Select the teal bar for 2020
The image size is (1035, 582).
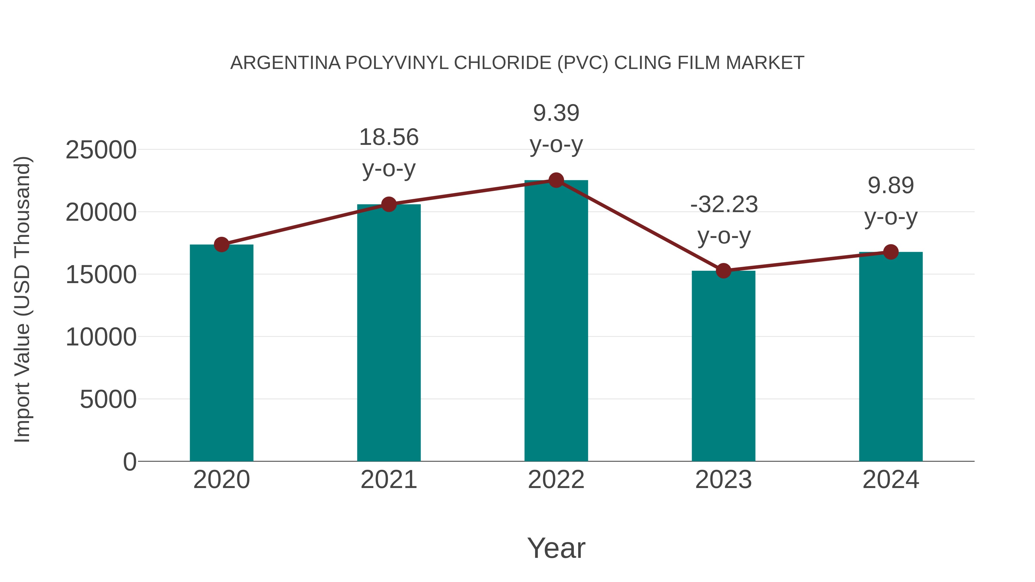[x=221, y=354]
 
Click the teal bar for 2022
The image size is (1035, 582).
[x=556, y=321]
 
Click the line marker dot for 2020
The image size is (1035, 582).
[x=221, y=244]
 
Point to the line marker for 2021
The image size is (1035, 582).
[x=388, y=204]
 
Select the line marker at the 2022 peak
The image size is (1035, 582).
[x=556, y=180]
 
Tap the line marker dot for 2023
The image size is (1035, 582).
[x=723, y=271]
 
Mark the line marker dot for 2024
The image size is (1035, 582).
[x=891, y=252]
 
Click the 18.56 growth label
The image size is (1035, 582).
[x=388, y=137]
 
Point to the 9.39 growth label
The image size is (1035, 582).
[x=556, y=113]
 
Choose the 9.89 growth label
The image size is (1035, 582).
[x=891, y=186]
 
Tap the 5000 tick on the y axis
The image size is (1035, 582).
[x=108, y=400]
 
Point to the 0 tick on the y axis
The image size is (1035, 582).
[x=130, y=462]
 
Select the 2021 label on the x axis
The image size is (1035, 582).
[x=388, y=480]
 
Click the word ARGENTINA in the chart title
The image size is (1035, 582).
[x=285, y=63]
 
